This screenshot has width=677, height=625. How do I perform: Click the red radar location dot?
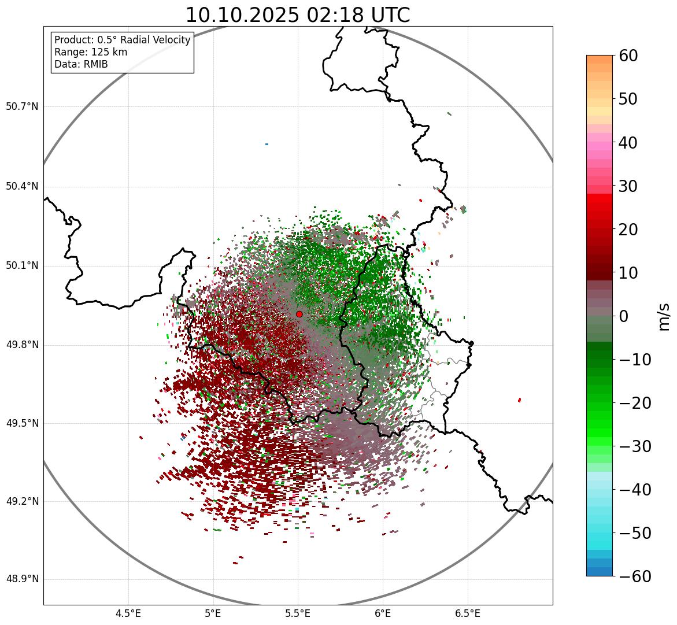click(299, 314)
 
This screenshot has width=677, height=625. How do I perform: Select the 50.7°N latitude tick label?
click(22, 107)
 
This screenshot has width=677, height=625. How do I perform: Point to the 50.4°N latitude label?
click(22, 187)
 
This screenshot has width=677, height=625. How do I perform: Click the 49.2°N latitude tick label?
click(22, 501)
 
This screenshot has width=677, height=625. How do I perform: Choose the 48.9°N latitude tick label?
click(22, 579)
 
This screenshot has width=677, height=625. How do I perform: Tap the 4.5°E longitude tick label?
click(128, 613)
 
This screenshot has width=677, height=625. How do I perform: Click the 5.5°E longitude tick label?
click(298, 613)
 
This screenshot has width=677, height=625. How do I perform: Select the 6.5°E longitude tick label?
click(467, 613)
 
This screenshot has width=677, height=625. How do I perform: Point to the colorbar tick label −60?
click(635, 576)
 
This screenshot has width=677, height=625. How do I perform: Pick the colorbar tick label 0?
click(624, 316)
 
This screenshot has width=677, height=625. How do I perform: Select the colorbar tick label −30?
click(635, 446)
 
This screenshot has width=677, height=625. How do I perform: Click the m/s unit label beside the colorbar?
click(664, 316)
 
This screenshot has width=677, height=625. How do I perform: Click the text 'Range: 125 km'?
click(91, 52)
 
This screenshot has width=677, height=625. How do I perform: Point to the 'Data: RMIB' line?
click(81, 64)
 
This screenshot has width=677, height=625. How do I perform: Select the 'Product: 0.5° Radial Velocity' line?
click(122, 40)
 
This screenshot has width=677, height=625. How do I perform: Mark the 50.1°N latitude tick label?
click(22, 266)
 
